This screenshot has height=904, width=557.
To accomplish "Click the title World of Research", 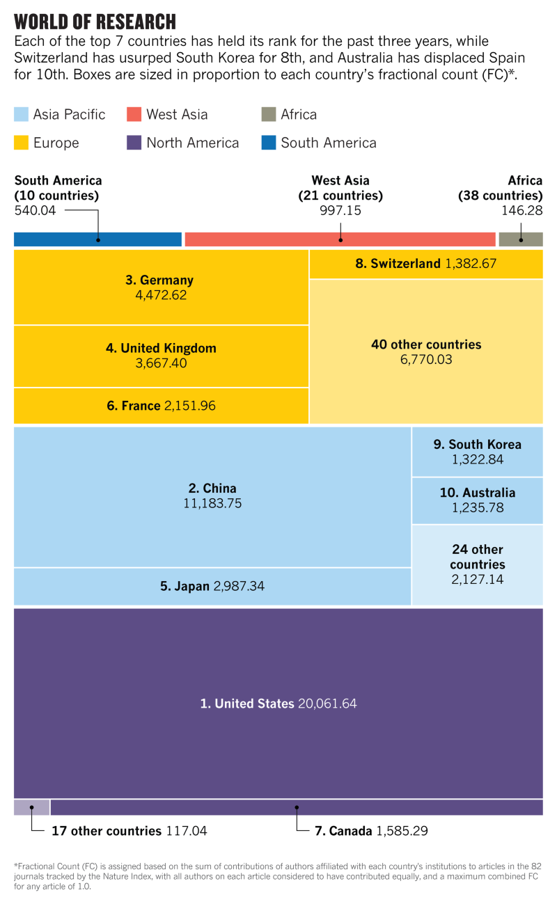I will point(95,21).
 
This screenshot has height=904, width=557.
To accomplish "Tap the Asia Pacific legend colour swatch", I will point(22,115).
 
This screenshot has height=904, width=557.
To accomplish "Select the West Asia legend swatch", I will point(134,115).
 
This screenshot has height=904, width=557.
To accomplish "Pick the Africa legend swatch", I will point(269,115).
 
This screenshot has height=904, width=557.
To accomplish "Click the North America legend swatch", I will point(134,143).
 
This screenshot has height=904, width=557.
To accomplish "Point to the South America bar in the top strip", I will point(97,239).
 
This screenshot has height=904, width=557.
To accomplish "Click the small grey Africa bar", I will point(521,239).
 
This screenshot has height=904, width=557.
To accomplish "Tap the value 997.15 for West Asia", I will point(340,210).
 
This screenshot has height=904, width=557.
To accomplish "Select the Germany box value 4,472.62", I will point(160,295).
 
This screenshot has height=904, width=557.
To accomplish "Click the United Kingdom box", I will point(161,356).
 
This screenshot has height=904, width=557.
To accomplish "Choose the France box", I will point(161,406).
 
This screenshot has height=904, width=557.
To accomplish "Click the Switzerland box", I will point(425,264).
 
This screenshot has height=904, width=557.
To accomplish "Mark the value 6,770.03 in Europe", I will point(425,360).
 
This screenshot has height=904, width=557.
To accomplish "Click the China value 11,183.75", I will point(212,503).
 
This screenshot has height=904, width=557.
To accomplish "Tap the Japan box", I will point(212,587).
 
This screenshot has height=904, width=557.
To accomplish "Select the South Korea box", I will point(477,452).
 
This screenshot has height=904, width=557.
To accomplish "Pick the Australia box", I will point(477,500).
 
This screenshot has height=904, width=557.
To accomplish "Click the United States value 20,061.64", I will point(327,704).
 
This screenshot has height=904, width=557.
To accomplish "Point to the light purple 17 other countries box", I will point(32,807).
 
